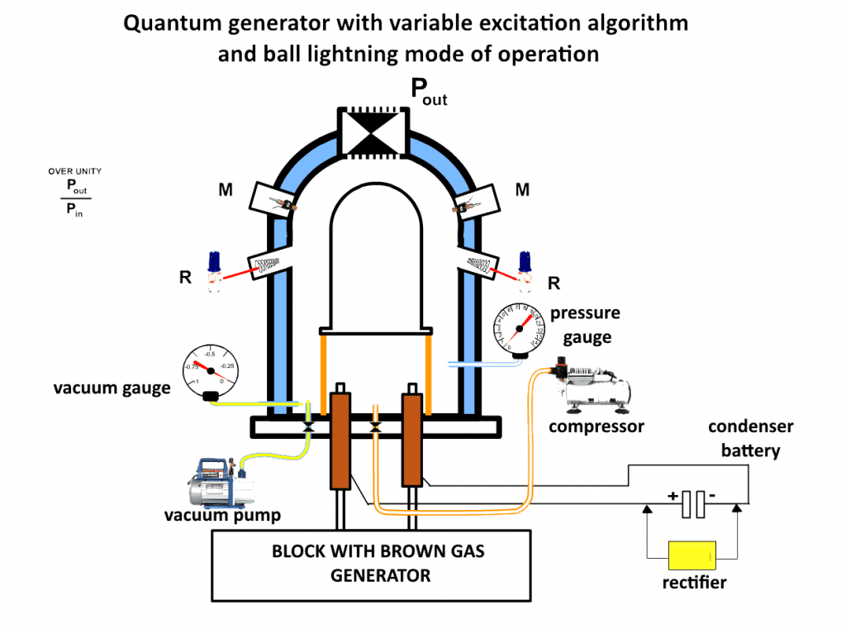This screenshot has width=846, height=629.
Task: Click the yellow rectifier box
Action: (x=692, y=555)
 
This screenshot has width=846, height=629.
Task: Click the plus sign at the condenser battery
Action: (x=673, y=496)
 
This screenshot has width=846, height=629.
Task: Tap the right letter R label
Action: (x=554, y=284)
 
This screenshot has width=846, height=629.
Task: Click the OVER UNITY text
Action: (x=74, y=171)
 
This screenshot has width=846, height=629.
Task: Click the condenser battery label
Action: (x=750, y=438)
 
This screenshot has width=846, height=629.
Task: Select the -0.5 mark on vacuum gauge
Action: (x=211, y=354)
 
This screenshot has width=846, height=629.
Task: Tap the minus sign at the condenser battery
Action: (x=713, y=496)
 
